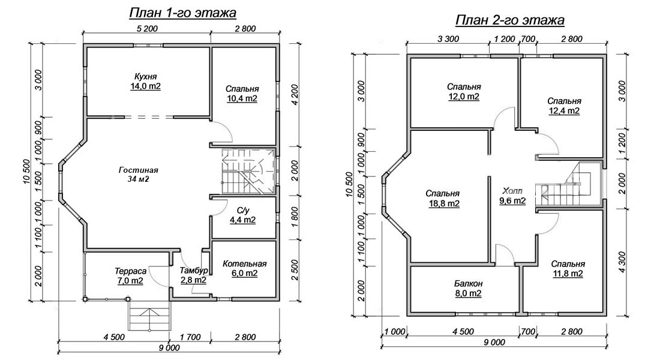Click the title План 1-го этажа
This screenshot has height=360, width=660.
(x=182, y=13)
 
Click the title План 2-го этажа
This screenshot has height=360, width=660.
(x=510, y=20)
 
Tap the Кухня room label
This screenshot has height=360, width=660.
(x=146, y=77)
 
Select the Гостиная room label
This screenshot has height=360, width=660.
(x=139, y=170)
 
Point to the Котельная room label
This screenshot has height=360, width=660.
(x=245, y=263)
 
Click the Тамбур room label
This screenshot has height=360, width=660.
(x=194, y=271)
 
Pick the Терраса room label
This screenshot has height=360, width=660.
(x=130, y=271)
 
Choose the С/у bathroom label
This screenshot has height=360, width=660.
(x=243, y=210)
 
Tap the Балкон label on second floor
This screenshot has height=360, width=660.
(x=468, y=283)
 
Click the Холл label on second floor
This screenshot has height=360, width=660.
(x=512, y=191)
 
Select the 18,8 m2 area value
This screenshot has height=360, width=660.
(x=442, y=204)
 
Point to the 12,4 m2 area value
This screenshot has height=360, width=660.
(x=563, y=111)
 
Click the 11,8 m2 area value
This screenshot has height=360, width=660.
(x=568, y=274)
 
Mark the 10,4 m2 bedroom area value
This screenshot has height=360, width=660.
(x=242, y=99)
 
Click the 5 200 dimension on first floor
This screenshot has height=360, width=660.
(x=148, y=29)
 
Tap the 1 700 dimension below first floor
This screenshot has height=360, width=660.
(x=190, y=337)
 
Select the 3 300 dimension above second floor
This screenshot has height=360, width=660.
(x=449, y=39)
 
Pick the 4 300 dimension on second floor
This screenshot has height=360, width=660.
(x=623, y=262)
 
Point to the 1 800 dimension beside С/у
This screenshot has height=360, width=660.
(x=294, y=217)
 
